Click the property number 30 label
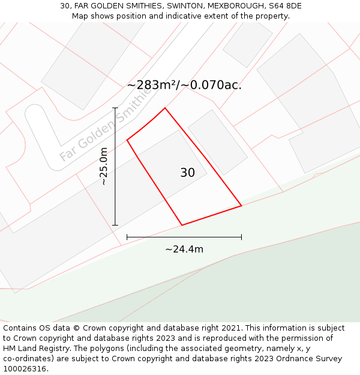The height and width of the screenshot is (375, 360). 187,173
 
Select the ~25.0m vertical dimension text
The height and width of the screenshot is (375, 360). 103,166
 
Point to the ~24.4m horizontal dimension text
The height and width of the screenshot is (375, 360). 184,249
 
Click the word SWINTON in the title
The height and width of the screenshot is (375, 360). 181,6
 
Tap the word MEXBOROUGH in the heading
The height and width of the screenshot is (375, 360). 233,6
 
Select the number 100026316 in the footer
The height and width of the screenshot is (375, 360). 24,368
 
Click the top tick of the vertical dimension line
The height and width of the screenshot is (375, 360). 115,108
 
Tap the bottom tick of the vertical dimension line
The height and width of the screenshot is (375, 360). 115,226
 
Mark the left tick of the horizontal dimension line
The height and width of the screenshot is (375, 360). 127,237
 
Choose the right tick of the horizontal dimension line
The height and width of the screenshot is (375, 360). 241,237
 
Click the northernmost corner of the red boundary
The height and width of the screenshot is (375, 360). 165,108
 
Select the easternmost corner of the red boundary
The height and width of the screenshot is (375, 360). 241,206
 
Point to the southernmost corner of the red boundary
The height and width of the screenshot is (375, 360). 182,225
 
